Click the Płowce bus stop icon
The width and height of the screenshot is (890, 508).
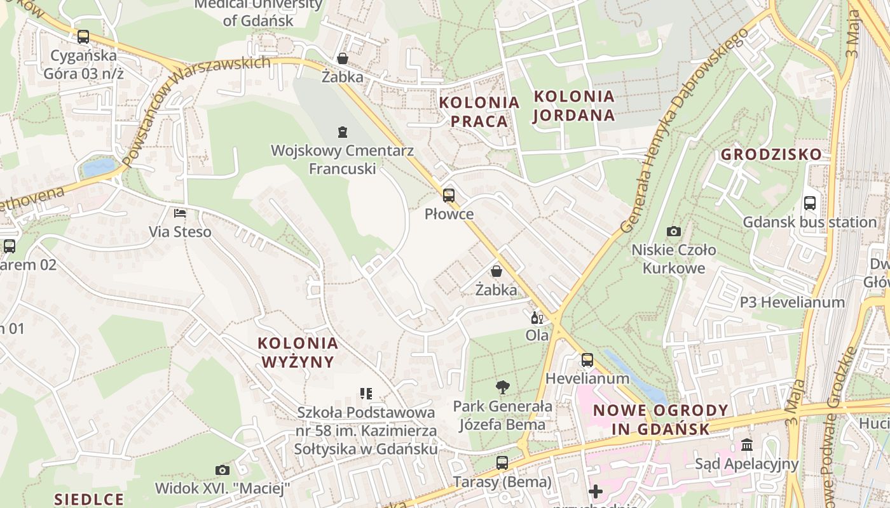(x=449, y=196)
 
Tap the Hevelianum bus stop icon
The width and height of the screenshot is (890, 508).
(x=587, y=360)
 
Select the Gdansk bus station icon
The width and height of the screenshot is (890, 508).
(x=810, y=204)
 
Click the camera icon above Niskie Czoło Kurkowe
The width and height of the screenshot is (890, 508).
(x=674, y=231)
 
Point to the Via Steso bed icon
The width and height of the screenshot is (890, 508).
(x=181, y=213)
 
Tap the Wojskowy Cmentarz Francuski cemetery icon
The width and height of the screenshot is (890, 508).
(x=343, y=132)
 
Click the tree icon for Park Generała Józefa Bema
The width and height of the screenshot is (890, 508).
(x=503, y=387)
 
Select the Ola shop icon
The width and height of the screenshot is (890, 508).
(x=537, y=317)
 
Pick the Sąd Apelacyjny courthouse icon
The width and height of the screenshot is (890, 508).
(x=747, y=445)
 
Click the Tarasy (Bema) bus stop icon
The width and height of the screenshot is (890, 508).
(x=502, y=463)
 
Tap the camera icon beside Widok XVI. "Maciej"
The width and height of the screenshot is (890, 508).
(x=222, y=471)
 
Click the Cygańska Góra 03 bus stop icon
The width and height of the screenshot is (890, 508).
(x=83, y=37)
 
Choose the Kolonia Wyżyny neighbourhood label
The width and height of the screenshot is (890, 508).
(x=298, y=352)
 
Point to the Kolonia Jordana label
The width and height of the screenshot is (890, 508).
(x=574, y=106)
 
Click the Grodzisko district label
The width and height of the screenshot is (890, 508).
(x=770, y=154)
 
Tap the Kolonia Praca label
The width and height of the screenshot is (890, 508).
(x=479, y=112)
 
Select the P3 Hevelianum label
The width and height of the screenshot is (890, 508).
(x=791, y=302)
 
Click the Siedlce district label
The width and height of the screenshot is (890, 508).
(x=89, y=498)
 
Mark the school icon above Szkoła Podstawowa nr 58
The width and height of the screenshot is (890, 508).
(x=366, y=394)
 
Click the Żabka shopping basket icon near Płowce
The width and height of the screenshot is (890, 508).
(x=496, y=272)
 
